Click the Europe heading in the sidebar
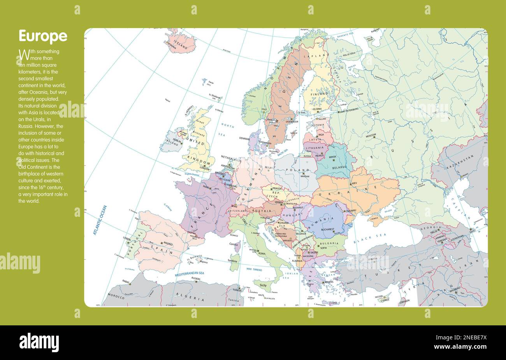pos(43,36)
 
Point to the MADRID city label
pos(168,244)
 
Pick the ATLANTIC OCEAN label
pos(100,220)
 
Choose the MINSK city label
pos(332,157)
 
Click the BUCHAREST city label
pos(328,230)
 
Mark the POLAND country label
pos(297,170)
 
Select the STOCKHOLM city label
pos(292,121)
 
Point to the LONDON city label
pos(204,169)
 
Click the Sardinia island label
pos(232,260)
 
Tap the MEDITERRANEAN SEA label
pos(189,274)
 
